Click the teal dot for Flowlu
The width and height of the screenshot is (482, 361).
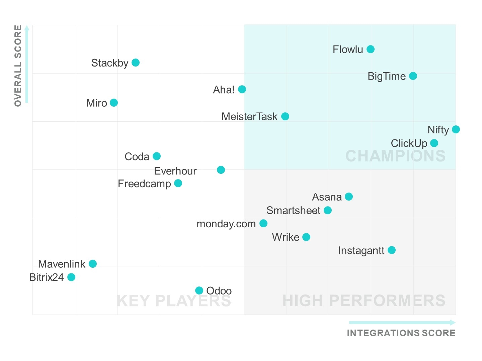(371, 49)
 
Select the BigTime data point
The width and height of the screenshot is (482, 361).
(413, 76)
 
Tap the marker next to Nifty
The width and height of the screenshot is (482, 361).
(456, 129)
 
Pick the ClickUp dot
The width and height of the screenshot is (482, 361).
(434, 143)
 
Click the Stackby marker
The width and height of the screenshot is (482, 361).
(136, 63)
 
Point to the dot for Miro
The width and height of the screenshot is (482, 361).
(114, 103)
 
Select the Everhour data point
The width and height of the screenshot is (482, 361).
(221, 170)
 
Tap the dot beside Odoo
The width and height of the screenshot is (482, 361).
(199, 290)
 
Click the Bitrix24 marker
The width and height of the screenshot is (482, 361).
(71, 277)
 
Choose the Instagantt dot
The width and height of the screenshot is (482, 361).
(392, 250)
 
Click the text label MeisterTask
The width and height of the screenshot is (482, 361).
(249, 116)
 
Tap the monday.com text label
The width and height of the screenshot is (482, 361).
(226, 224)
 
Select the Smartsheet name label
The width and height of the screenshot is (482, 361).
(293, 210)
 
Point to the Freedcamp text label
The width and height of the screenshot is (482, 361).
(144, 184)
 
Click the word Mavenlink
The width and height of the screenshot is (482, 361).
(62, 264)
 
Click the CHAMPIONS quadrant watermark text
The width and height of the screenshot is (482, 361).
(395, 156)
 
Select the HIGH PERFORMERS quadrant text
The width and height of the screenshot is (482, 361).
(364, 300)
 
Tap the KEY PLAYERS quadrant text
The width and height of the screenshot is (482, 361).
(174, 300)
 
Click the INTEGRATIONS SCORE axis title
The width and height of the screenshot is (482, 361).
(401, 333)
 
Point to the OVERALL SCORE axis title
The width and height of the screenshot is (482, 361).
(18, 66)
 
